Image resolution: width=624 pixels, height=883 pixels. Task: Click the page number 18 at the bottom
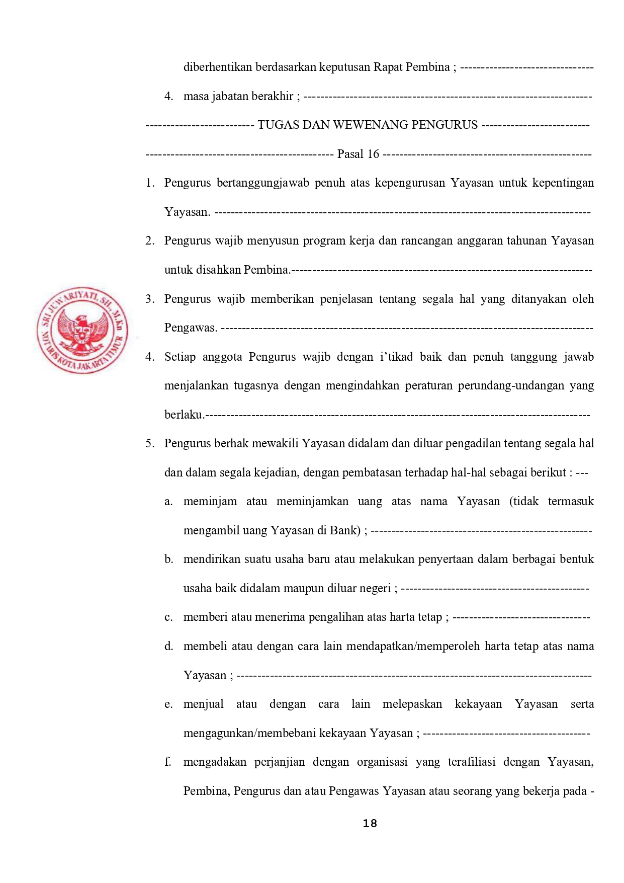370,824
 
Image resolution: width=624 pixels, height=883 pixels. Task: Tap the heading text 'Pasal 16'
358,154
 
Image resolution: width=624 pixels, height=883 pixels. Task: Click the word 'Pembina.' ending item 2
267,270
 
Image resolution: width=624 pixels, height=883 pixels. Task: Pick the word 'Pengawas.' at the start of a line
191,328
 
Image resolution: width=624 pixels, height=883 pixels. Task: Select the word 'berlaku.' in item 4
184,415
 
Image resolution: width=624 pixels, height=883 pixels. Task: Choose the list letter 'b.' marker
168,559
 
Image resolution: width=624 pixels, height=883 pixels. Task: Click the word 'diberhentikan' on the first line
218,67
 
